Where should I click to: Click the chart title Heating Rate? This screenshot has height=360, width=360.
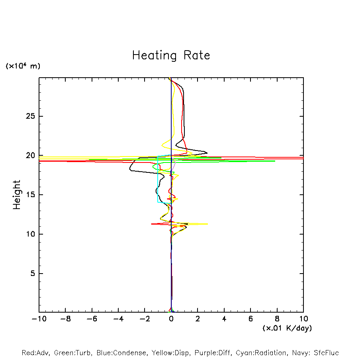pos(171,55)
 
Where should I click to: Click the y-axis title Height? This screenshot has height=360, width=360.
pos(17,195)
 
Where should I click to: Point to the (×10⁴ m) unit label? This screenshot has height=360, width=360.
pos(23,66)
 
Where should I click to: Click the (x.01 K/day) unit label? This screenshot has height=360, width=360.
pos(287,328)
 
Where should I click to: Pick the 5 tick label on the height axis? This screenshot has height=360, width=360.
pos(33,274)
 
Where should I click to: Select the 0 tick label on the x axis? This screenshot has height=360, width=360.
pos(171,319)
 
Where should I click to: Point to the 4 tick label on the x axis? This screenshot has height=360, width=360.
pos(224,319)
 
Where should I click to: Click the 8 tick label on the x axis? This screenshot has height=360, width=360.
pos(277,319)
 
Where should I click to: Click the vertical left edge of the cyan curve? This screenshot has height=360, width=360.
pos(158,179)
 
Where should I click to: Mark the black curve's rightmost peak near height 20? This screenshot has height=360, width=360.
pos(207,153)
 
